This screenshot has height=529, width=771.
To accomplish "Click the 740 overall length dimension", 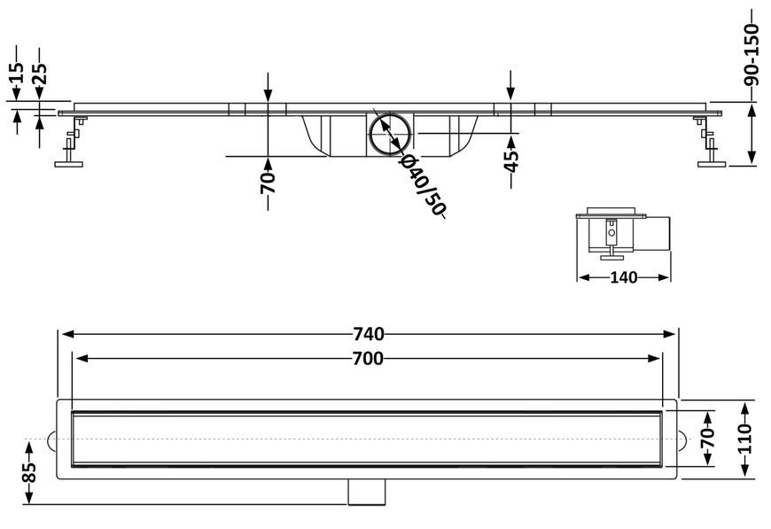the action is pos(369,334).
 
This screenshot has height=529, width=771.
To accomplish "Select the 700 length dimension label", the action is pos(369,359).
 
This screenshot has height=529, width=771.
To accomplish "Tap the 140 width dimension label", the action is pos(624,277).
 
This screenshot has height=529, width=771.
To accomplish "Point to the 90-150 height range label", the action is pos(751,55).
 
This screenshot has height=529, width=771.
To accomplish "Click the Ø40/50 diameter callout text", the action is pos(422,187).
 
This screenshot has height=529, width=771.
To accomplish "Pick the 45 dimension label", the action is pos(511,160).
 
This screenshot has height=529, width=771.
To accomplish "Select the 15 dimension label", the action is pos(16,73).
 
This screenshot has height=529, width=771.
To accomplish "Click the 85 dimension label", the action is pos(29,473).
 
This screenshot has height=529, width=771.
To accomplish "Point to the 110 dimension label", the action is pos(745,439).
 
